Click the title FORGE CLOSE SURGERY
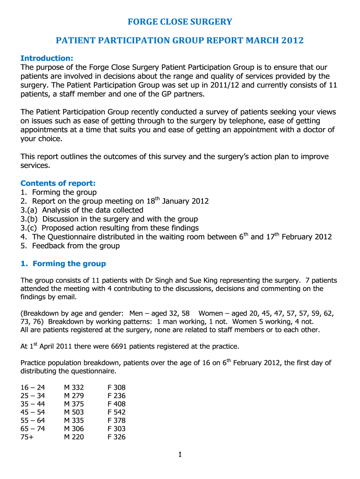(180, 22)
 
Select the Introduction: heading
(47, 58)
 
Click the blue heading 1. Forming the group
(63, 264)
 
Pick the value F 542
(116, 412)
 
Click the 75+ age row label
(27, 437)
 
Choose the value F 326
(116, 437)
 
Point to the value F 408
(116, 404)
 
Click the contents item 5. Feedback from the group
(70, 246)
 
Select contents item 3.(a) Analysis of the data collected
(82, 210)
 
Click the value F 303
(116, 428)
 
